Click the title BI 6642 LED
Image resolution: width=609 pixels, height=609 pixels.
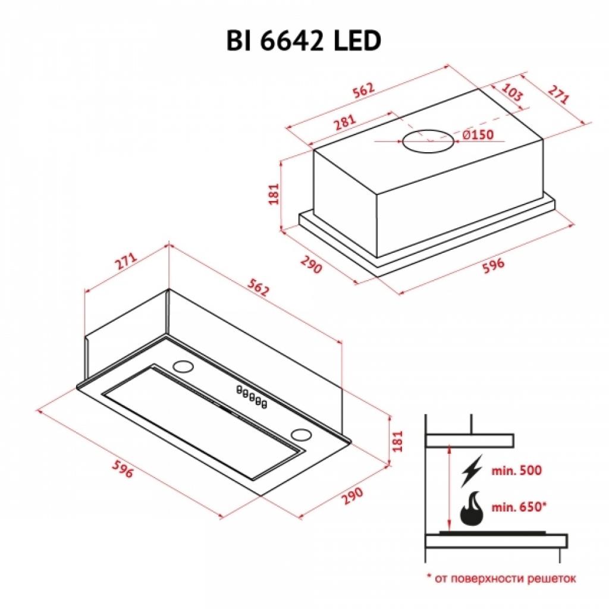pos(304,41)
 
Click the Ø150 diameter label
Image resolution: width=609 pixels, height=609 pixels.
pos(478,135)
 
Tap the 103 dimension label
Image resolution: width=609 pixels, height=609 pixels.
pos(512,92)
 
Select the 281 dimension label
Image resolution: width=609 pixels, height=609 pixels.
pos(345,122)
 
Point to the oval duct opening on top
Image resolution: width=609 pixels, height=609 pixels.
pos(428,141)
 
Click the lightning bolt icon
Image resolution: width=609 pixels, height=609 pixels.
pos(472,471)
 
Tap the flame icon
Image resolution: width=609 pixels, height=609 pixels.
pos(471,508)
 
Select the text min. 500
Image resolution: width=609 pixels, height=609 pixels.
pos(517,471)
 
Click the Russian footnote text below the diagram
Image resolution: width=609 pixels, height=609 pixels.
pos(501,579)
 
